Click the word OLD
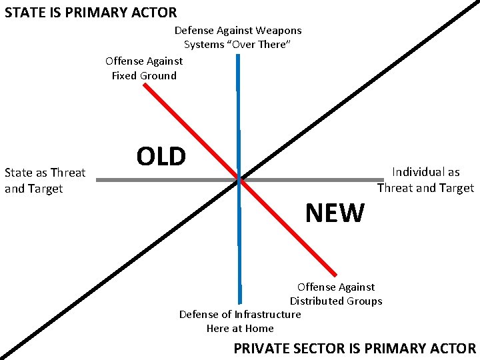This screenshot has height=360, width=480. coord(161,156)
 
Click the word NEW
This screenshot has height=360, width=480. coord(335,213)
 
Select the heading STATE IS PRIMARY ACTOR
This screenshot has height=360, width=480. coord(91,12)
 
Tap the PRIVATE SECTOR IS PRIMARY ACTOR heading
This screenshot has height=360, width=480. coord(355,348)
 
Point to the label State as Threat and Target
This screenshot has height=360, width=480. coord(45,181)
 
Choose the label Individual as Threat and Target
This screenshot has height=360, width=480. coord(425,180)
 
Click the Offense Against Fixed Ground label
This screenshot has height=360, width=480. coord(144,68)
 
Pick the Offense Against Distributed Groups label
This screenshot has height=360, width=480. coord(336,294)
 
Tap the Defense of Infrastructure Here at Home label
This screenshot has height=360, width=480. coord(240,321)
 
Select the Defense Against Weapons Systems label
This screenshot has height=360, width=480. coord(238,37)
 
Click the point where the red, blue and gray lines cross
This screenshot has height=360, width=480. coord(238,179)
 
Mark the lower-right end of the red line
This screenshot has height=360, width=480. coord(336,273)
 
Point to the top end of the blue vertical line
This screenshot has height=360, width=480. coord(237,55)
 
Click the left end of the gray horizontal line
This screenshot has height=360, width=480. coord(97,179)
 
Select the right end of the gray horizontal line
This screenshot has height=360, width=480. coord(384,179)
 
